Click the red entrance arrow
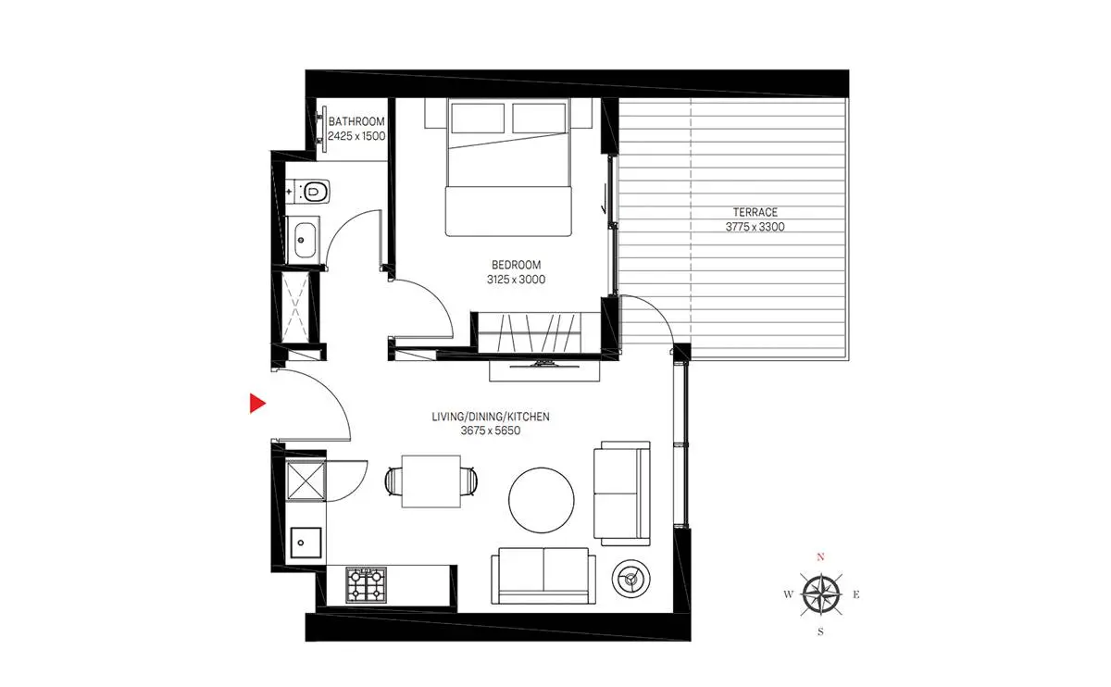(x=257, y=404)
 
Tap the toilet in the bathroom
(x=313, y=191)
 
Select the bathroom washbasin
(x=305, y=241)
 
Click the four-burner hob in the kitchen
(x=366, y=584)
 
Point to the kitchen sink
(x=306, y=543)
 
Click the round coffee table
(x=541, y=500)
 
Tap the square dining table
(x=431, y=481)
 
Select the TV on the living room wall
(x=544, y=365)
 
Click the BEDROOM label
(x=516, y=265)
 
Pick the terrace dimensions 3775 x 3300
(x=755, y=227)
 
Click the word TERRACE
(x=755, y=212)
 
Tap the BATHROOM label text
(x=356, y=121)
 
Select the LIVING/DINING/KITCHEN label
(x=491, y=417)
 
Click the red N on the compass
(x=820, y=557)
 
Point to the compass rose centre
(x=821, y=594)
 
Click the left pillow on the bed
(x=478, y=119)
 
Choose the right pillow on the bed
(x=539, y=119)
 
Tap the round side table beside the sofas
(x=630, y=579)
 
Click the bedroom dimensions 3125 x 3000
(x=516, y=280)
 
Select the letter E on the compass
(x=856, y=594)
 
